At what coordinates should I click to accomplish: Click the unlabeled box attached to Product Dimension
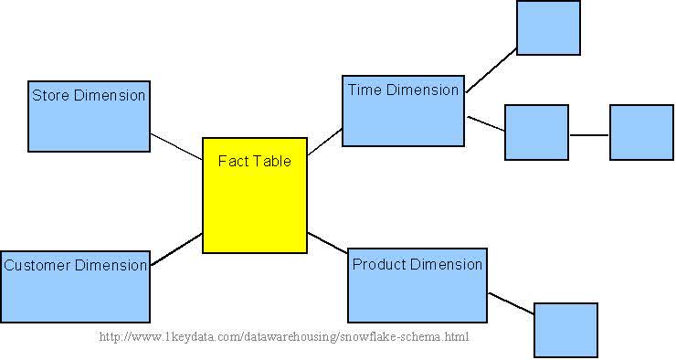coord(565,330)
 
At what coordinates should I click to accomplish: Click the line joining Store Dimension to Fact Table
coord(176,146)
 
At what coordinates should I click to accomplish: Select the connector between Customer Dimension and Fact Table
coord(176,249)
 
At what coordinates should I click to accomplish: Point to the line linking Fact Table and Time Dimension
coord(324,143)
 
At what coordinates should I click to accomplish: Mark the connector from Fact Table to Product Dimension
coord(327,243)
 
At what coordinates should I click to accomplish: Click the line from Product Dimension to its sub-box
coord(510,304)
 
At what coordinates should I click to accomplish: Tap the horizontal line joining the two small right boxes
coord(589,135)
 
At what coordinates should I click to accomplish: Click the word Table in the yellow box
coord(271,161)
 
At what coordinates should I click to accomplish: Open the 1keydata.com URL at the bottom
coord(283,337)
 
